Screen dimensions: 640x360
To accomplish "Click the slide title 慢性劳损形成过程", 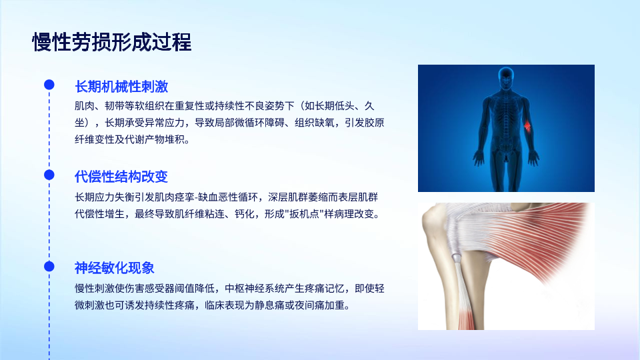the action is (x=112, y=42).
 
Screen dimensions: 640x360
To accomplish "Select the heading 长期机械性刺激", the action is (x=121, y=87).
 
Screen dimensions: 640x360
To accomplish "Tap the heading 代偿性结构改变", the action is (x=121, y=177).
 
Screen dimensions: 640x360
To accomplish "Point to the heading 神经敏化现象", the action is (x=114, y=268).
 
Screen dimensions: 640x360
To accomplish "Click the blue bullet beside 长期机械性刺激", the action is (x=49, y=85).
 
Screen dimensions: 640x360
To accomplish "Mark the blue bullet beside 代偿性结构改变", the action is (x=49, y=175).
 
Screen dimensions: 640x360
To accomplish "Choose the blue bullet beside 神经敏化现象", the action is (x=49, y=266).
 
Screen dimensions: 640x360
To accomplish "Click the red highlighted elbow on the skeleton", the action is (x=527, y=126).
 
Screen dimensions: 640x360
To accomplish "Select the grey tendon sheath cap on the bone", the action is (x=456, y=257).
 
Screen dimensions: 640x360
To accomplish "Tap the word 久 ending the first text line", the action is (x=369, y=106).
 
